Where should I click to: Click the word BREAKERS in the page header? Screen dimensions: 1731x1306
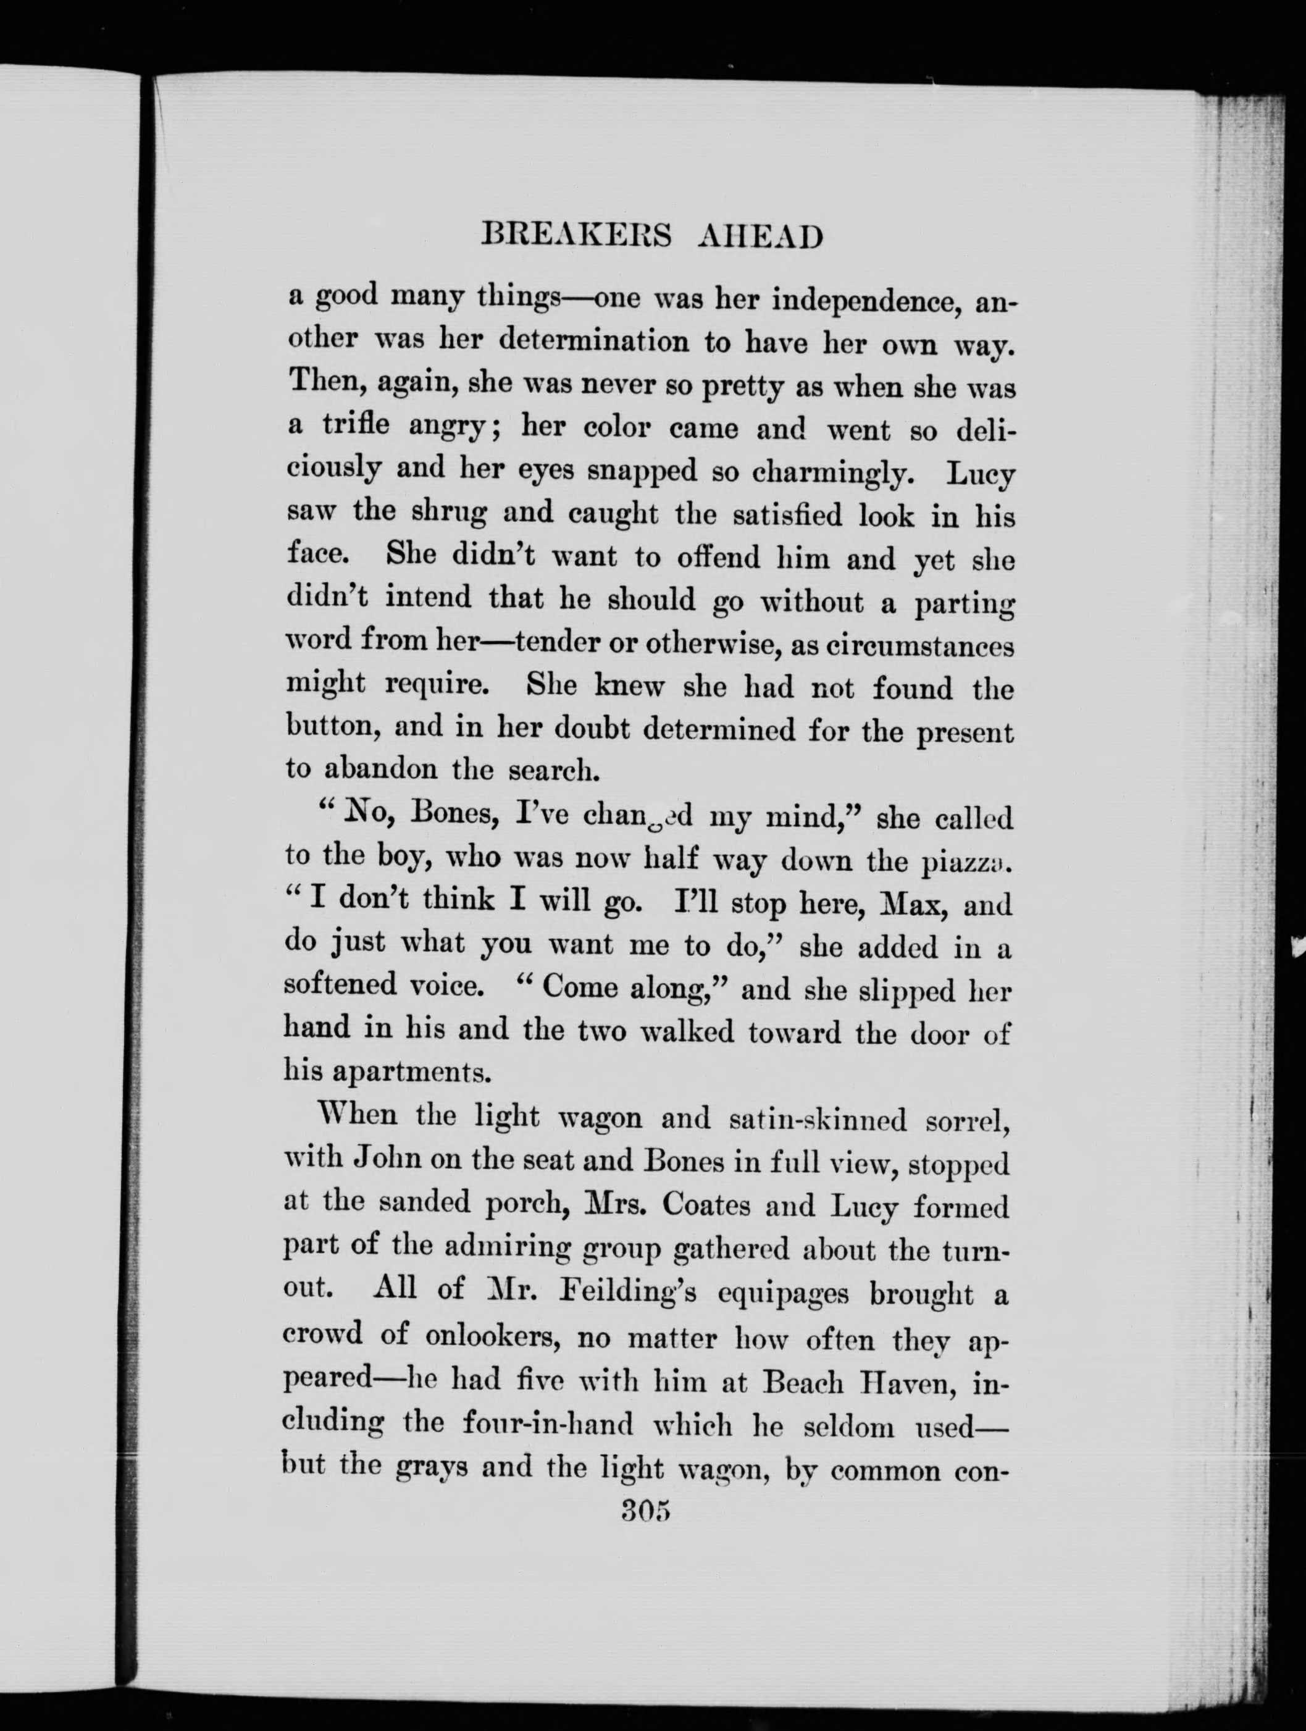tap(576, 235)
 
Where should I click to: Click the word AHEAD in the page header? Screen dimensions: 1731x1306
tap(759, 235)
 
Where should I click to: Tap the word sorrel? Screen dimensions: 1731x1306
tap(966, 1121)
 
